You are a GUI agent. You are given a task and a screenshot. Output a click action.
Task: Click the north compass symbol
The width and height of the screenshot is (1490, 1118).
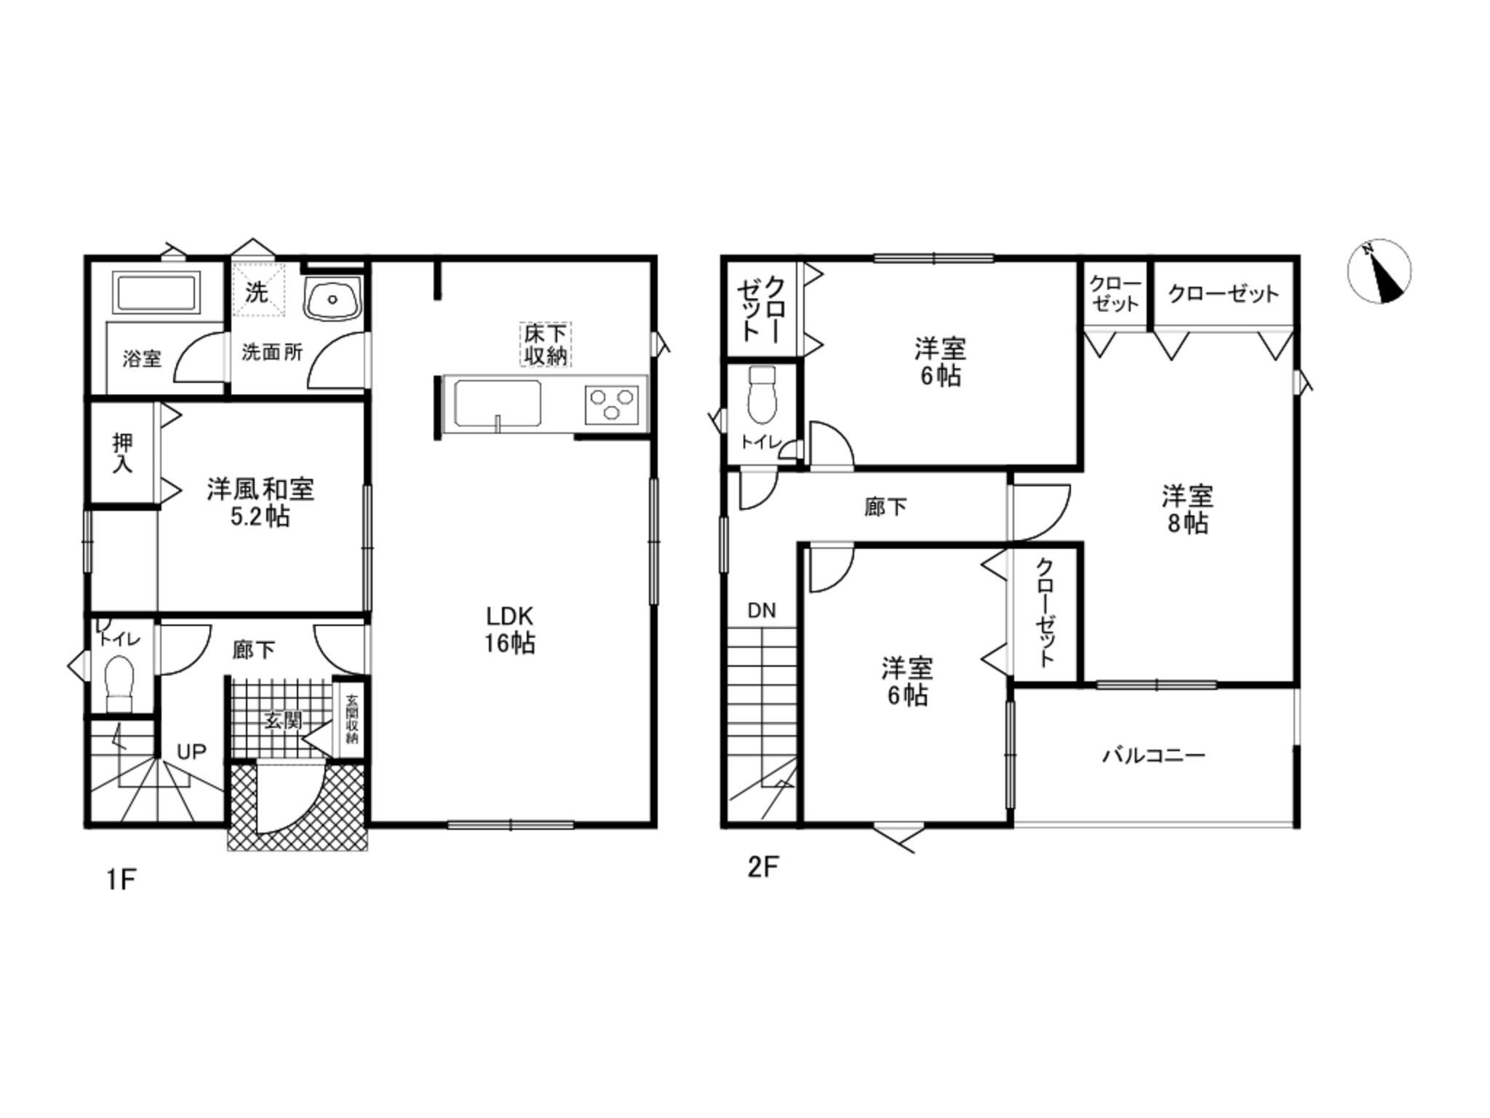coord(1379,271)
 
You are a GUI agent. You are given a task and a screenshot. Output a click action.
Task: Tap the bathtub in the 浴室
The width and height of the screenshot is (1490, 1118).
coord(156,294)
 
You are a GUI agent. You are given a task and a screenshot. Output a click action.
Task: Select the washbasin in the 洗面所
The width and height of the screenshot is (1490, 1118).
coord(332,298)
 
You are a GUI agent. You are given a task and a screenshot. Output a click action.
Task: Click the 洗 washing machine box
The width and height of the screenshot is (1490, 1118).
coord(258,290)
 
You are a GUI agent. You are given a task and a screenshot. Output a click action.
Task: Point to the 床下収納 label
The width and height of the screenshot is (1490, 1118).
coord(546,344)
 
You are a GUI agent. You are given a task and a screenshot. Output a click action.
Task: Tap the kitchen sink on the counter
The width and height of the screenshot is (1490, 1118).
coord(498,404)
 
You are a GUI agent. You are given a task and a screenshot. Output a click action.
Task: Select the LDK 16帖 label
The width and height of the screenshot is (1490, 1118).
coord(509,630)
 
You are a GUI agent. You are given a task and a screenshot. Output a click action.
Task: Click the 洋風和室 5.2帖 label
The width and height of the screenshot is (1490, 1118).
coord(260,502)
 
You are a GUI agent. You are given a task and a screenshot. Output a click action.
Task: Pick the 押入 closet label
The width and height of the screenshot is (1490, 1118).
coord(122,453)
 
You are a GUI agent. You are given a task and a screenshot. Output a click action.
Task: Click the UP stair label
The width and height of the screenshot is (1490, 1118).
coord(191,751)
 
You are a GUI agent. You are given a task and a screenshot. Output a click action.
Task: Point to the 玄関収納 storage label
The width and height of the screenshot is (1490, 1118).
coord(352,719)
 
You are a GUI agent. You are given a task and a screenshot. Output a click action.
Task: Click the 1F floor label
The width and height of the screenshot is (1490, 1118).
coord(121,880)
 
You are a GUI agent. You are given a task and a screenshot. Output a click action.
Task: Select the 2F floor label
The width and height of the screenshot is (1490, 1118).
coord(763,868)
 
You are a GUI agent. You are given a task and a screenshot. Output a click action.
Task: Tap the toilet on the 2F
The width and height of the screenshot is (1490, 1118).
coord(762,395)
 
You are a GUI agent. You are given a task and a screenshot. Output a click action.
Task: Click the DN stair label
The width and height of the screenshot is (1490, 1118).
coord(762,611)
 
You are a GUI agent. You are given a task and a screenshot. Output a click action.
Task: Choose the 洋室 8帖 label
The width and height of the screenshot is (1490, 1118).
coord(1187,510)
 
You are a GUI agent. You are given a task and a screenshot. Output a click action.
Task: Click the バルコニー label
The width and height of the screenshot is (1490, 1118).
coord(1154,756)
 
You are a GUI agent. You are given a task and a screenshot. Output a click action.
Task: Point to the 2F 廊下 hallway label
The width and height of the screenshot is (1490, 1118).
coord(885,507)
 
